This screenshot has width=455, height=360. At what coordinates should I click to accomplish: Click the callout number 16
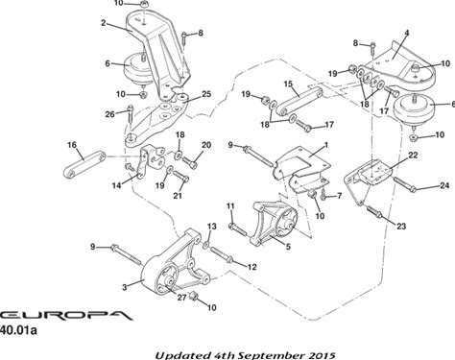(72, 145)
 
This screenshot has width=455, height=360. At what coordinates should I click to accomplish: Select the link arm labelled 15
(299, 100)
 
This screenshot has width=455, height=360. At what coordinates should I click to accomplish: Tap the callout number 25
(206, 94)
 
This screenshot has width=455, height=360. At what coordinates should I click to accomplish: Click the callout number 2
(103, 23)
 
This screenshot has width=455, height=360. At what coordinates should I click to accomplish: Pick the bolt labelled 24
(404, 184)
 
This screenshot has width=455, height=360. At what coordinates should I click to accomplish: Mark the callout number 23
(401, 227)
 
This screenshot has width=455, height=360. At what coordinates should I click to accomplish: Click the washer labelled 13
(205, 245)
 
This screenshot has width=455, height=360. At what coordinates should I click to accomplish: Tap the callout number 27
(181, 298)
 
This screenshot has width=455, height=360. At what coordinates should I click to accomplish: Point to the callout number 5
(288, 247)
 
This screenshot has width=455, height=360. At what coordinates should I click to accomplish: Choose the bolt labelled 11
(237, 229)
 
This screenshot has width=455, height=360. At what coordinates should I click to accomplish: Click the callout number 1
(326, 145)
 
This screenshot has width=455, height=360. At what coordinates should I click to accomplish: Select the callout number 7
(339, 195)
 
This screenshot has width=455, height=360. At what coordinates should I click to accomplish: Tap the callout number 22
(413, 156)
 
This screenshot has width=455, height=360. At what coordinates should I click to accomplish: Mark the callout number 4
(407, 33)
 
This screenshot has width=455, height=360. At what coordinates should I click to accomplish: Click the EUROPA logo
(65, 315)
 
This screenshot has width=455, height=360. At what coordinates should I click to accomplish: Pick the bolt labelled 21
(180, 177)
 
